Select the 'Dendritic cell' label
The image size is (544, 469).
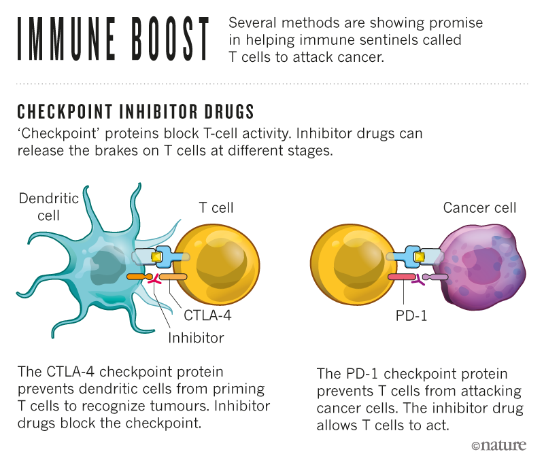coord(48,207)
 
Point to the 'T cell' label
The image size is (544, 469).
coord(216,208)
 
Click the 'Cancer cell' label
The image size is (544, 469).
coord(479,208)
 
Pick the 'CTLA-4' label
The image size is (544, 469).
coord(207,315)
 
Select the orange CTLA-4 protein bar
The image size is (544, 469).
coord(173,277)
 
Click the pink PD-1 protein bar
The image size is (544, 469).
coord(401,277)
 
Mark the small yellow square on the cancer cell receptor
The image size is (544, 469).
coord(420,257)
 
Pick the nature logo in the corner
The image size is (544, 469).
coord(498,446)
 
